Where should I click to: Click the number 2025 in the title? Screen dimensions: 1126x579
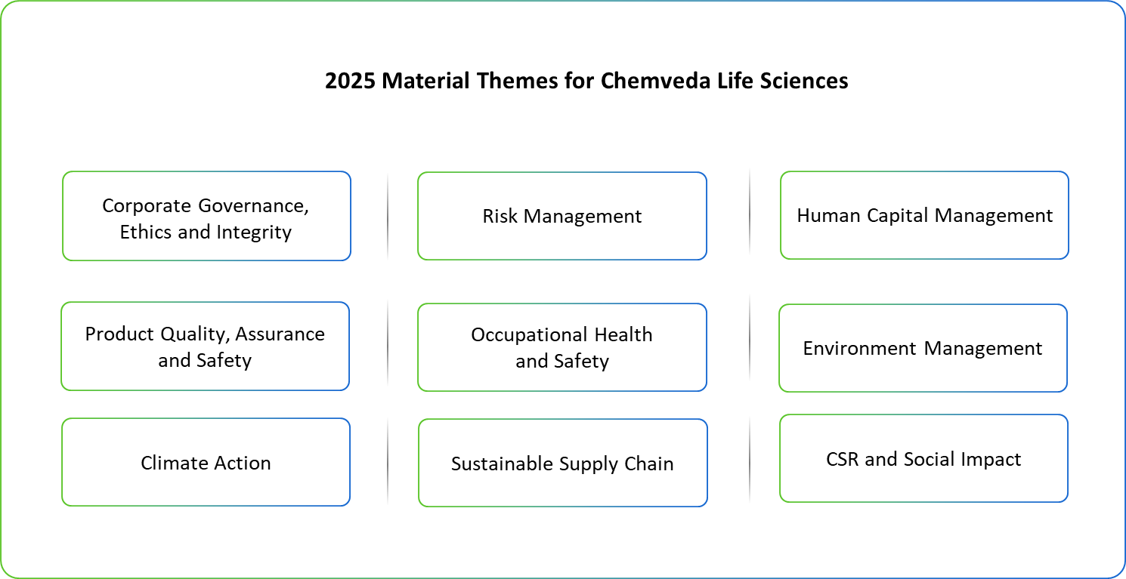pos(350,81)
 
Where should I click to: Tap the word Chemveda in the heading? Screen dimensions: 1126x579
pos(655,81)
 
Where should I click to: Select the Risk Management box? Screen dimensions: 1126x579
pos(562,216)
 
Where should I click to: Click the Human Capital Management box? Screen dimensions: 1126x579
pos(924,215)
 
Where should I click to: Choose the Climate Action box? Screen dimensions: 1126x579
pos(206,462)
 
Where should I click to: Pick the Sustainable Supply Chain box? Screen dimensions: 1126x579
pos(563,463)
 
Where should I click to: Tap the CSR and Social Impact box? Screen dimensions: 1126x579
pos(924,458)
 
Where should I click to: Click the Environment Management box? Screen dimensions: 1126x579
pos(923,348)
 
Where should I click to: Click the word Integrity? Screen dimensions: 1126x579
pos(254,232)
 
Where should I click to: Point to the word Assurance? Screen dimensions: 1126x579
pos(280,334)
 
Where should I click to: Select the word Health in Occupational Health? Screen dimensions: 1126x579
pos(623,334)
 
